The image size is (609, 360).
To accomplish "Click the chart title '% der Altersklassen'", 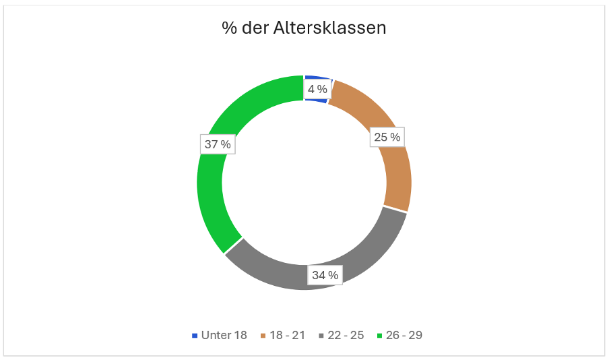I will (x=304, y=28).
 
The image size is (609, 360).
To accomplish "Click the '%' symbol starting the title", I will (x=228, y=28).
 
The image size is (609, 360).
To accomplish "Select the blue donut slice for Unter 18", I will (x=317, y=80).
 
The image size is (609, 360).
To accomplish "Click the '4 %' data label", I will (x=317, y=89).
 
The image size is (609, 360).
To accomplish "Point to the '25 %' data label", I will (x=387, y=138).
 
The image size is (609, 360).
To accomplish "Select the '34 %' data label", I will (x=325, y=274).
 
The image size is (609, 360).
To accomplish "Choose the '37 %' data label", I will (x=218, y=144).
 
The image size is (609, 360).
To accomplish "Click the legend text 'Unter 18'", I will (x=224, y=335).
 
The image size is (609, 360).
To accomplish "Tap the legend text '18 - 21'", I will (x=287, y=335).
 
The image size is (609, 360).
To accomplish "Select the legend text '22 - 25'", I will (x=346, y=335).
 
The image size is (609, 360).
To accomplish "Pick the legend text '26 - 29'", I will (x=404, y=335).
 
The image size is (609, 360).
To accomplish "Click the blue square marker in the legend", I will (x=195, y=335).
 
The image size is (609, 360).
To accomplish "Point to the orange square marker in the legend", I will (x=263, y=335).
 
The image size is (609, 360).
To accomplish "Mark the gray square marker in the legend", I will (x=321, y=335).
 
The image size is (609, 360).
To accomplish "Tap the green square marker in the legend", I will (x=380, y=335).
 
